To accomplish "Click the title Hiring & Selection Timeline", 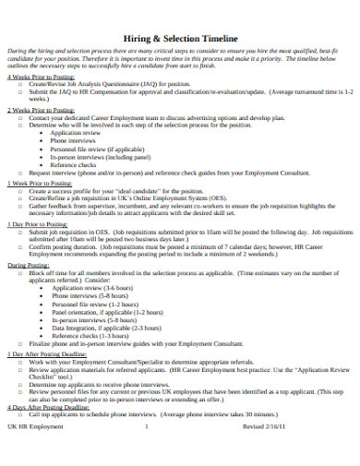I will [x=180, y=30].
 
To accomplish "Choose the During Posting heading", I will [x=29, y=265].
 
